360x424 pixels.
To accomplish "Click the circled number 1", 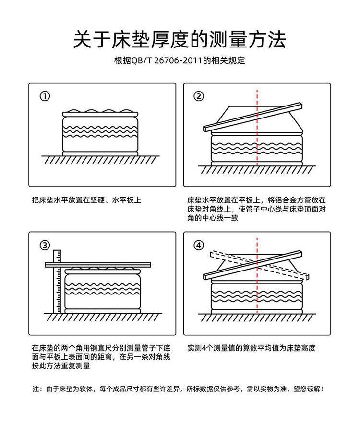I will coord(45,97).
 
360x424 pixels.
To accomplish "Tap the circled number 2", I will coord(199,97).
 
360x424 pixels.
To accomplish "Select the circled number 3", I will coord(45,246).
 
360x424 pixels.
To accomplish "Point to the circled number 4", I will coord(199,246).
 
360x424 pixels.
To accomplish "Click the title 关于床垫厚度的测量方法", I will coord(180,39).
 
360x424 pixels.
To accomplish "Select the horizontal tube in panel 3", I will coord(96,264).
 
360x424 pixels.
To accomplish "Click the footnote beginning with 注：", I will coord(180,389).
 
